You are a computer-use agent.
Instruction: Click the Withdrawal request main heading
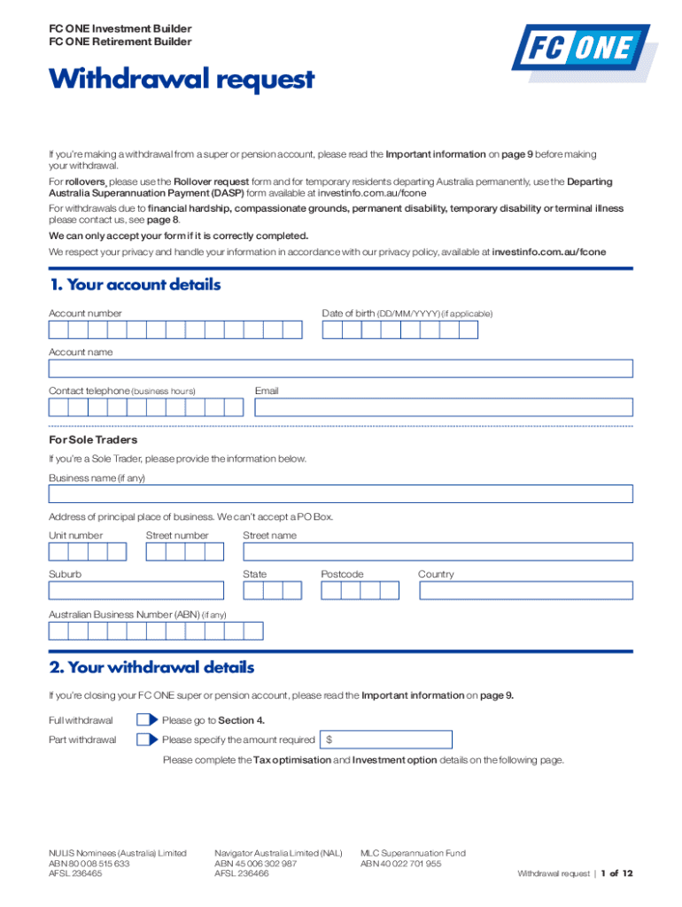(182, 80)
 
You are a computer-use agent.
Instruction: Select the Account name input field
(340, 368)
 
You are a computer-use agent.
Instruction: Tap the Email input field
(444, 407)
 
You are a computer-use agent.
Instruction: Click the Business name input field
(340, 494)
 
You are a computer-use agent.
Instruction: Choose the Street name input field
(438, 552)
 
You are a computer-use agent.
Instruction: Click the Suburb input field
(136, 591)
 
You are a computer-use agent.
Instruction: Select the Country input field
(525, 591)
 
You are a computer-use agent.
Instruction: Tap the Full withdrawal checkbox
(146, 720)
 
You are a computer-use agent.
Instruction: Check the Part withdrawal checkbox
(146, 740)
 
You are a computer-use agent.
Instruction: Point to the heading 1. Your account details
(135, 285)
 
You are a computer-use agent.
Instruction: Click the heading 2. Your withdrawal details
(151, 668)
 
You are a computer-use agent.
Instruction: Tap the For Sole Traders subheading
(93, 439)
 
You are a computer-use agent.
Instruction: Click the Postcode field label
(342, 574)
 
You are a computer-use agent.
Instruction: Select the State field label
(254, 574)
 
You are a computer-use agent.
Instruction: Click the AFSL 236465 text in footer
(75, 873)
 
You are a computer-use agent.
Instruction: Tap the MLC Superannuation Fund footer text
(413, 853)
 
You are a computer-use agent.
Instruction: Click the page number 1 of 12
(616, 873)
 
